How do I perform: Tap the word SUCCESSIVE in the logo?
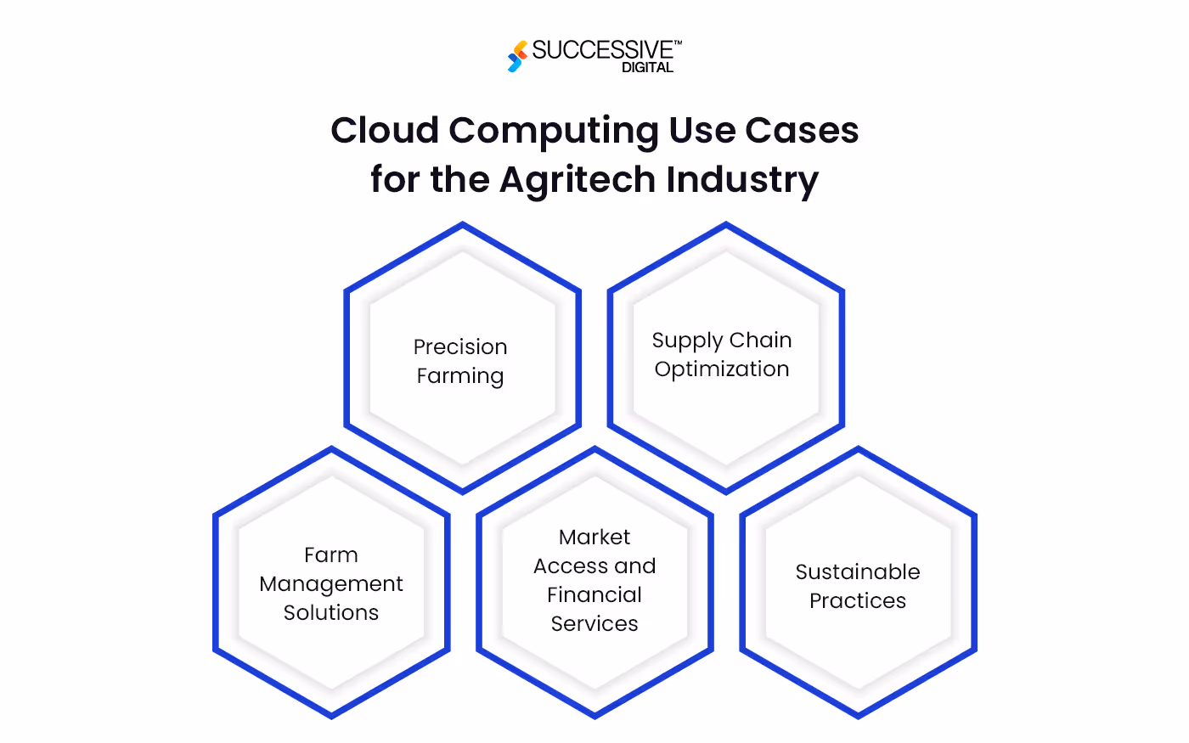(x=602, y=50)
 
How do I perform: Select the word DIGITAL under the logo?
(x=647, y=68)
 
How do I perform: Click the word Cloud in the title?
(x=385, y=131)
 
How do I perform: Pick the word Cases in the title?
(x=802, y=131)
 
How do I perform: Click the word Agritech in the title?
(x=578, y=181)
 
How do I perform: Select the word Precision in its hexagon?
(x=460, y=346)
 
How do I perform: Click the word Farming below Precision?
(x=460, y=376)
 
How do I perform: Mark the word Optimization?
(x=722, y=369)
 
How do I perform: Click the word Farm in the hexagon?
(x=331, y=554)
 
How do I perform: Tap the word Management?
(x=331, y=584)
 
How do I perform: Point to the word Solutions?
(x=331, y=612)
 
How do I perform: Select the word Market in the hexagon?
(x=594, y=537)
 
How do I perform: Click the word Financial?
(x=594, y=594)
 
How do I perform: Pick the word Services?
(x=594, y=623)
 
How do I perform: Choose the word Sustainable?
(x=858, y=571)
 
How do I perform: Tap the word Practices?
(x=858, y=600)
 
